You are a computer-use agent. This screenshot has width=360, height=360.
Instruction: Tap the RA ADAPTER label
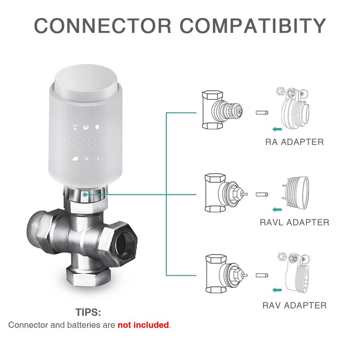(294, 142)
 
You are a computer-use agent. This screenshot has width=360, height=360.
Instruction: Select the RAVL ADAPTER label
(294, 222)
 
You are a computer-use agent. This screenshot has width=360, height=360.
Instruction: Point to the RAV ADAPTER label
(294, 306)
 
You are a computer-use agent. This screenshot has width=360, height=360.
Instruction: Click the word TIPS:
(89, 312)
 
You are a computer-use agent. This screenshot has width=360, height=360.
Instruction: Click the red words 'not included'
(143, 325)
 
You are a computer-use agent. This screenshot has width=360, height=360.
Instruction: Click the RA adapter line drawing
(295, 110)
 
